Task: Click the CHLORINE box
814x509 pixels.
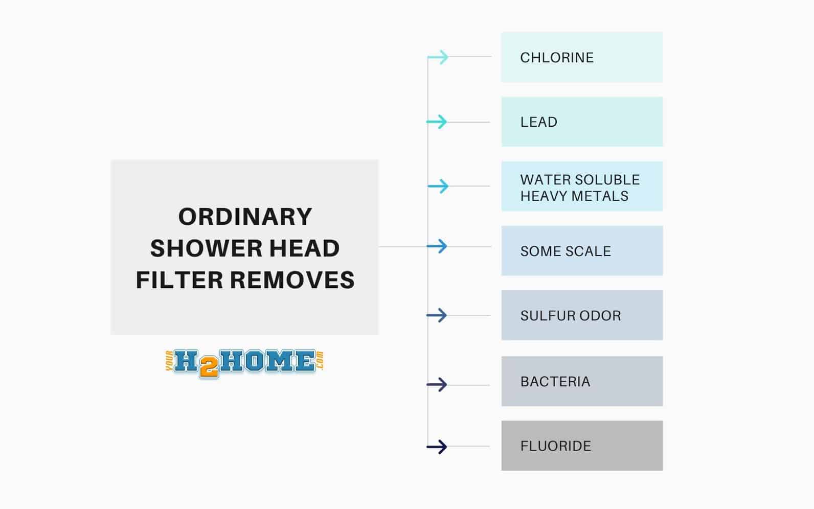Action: click(x=581, y=57)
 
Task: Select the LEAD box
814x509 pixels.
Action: click(x=581, y=122)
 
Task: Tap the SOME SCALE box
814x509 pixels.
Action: click(x=581, y=251)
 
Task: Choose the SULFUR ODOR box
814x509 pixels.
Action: click(x=581, y=315)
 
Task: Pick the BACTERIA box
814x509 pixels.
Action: click(x=581, y=381)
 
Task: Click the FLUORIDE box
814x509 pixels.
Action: click(x=581, y=446)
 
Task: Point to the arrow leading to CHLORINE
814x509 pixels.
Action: click(x=438, y=57)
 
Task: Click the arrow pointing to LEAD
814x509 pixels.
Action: click(x=437, y=122)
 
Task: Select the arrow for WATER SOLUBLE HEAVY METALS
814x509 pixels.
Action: click(x=438, y=186)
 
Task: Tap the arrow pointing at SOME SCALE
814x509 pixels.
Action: click(x=437, y=246)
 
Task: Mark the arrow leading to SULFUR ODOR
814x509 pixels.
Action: click(x=437, y=315)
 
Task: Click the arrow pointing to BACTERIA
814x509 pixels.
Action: click(x=437, y=384)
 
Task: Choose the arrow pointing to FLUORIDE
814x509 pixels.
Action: click(x=437, y=447)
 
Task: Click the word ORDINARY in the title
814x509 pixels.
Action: click(x=245, y=217)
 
